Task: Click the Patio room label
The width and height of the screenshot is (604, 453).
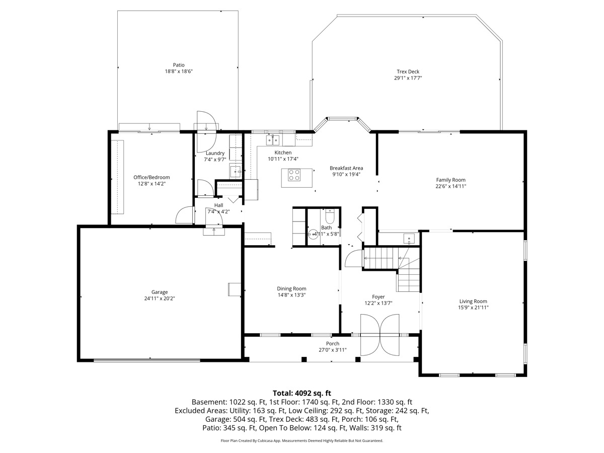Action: point(179,65)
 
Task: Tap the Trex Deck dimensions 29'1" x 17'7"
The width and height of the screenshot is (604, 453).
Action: point(408,78)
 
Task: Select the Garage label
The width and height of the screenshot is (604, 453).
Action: point(160,292)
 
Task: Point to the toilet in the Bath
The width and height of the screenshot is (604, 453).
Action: point(329,216)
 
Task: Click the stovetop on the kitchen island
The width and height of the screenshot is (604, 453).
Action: point(294,175)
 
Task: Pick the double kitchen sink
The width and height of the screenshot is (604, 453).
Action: point(273,140)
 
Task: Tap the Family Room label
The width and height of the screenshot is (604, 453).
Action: point(450,180)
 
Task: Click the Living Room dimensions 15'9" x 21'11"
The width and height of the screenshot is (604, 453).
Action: point(473,308)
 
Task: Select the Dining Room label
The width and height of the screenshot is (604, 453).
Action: point(291,288)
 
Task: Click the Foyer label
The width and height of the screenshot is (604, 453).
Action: point(378,297)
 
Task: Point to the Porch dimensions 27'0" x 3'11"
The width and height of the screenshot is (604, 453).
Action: point(332,350)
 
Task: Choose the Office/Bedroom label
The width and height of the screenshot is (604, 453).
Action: point(152,177)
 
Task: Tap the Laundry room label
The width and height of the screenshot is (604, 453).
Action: point(215,153)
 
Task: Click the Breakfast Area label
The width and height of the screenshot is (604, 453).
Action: point(346,168)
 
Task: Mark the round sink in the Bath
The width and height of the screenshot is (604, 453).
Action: point(313,235)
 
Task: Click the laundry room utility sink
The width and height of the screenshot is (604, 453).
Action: point(236,172)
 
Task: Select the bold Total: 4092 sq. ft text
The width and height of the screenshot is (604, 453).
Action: point(302,393)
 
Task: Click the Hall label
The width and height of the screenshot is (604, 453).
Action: point(218,205)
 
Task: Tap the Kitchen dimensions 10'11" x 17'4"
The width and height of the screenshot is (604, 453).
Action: point(283,159)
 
